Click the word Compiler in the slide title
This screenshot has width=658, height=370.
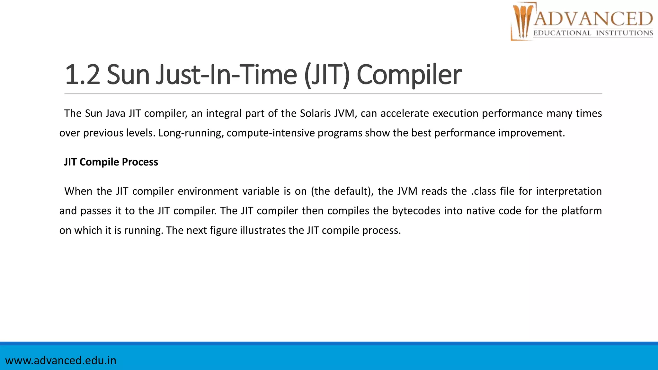[409, 75]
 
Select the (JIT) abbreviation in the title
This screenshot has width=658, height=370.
[326, 75]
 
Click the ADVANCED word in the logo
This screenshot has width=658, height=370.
[593, 19]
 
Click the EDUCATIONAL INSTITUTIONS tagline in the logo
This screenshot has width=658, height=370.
[593, 33]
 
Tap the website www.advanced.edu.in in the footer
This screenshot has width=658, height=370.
[61, 360]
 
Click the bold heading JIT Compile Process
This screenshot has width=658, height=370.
[111, 162]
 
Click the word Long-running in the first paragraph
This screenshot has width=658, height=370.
[191, 133]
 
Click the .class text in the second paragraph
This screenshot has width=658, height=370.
[484, 191]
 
